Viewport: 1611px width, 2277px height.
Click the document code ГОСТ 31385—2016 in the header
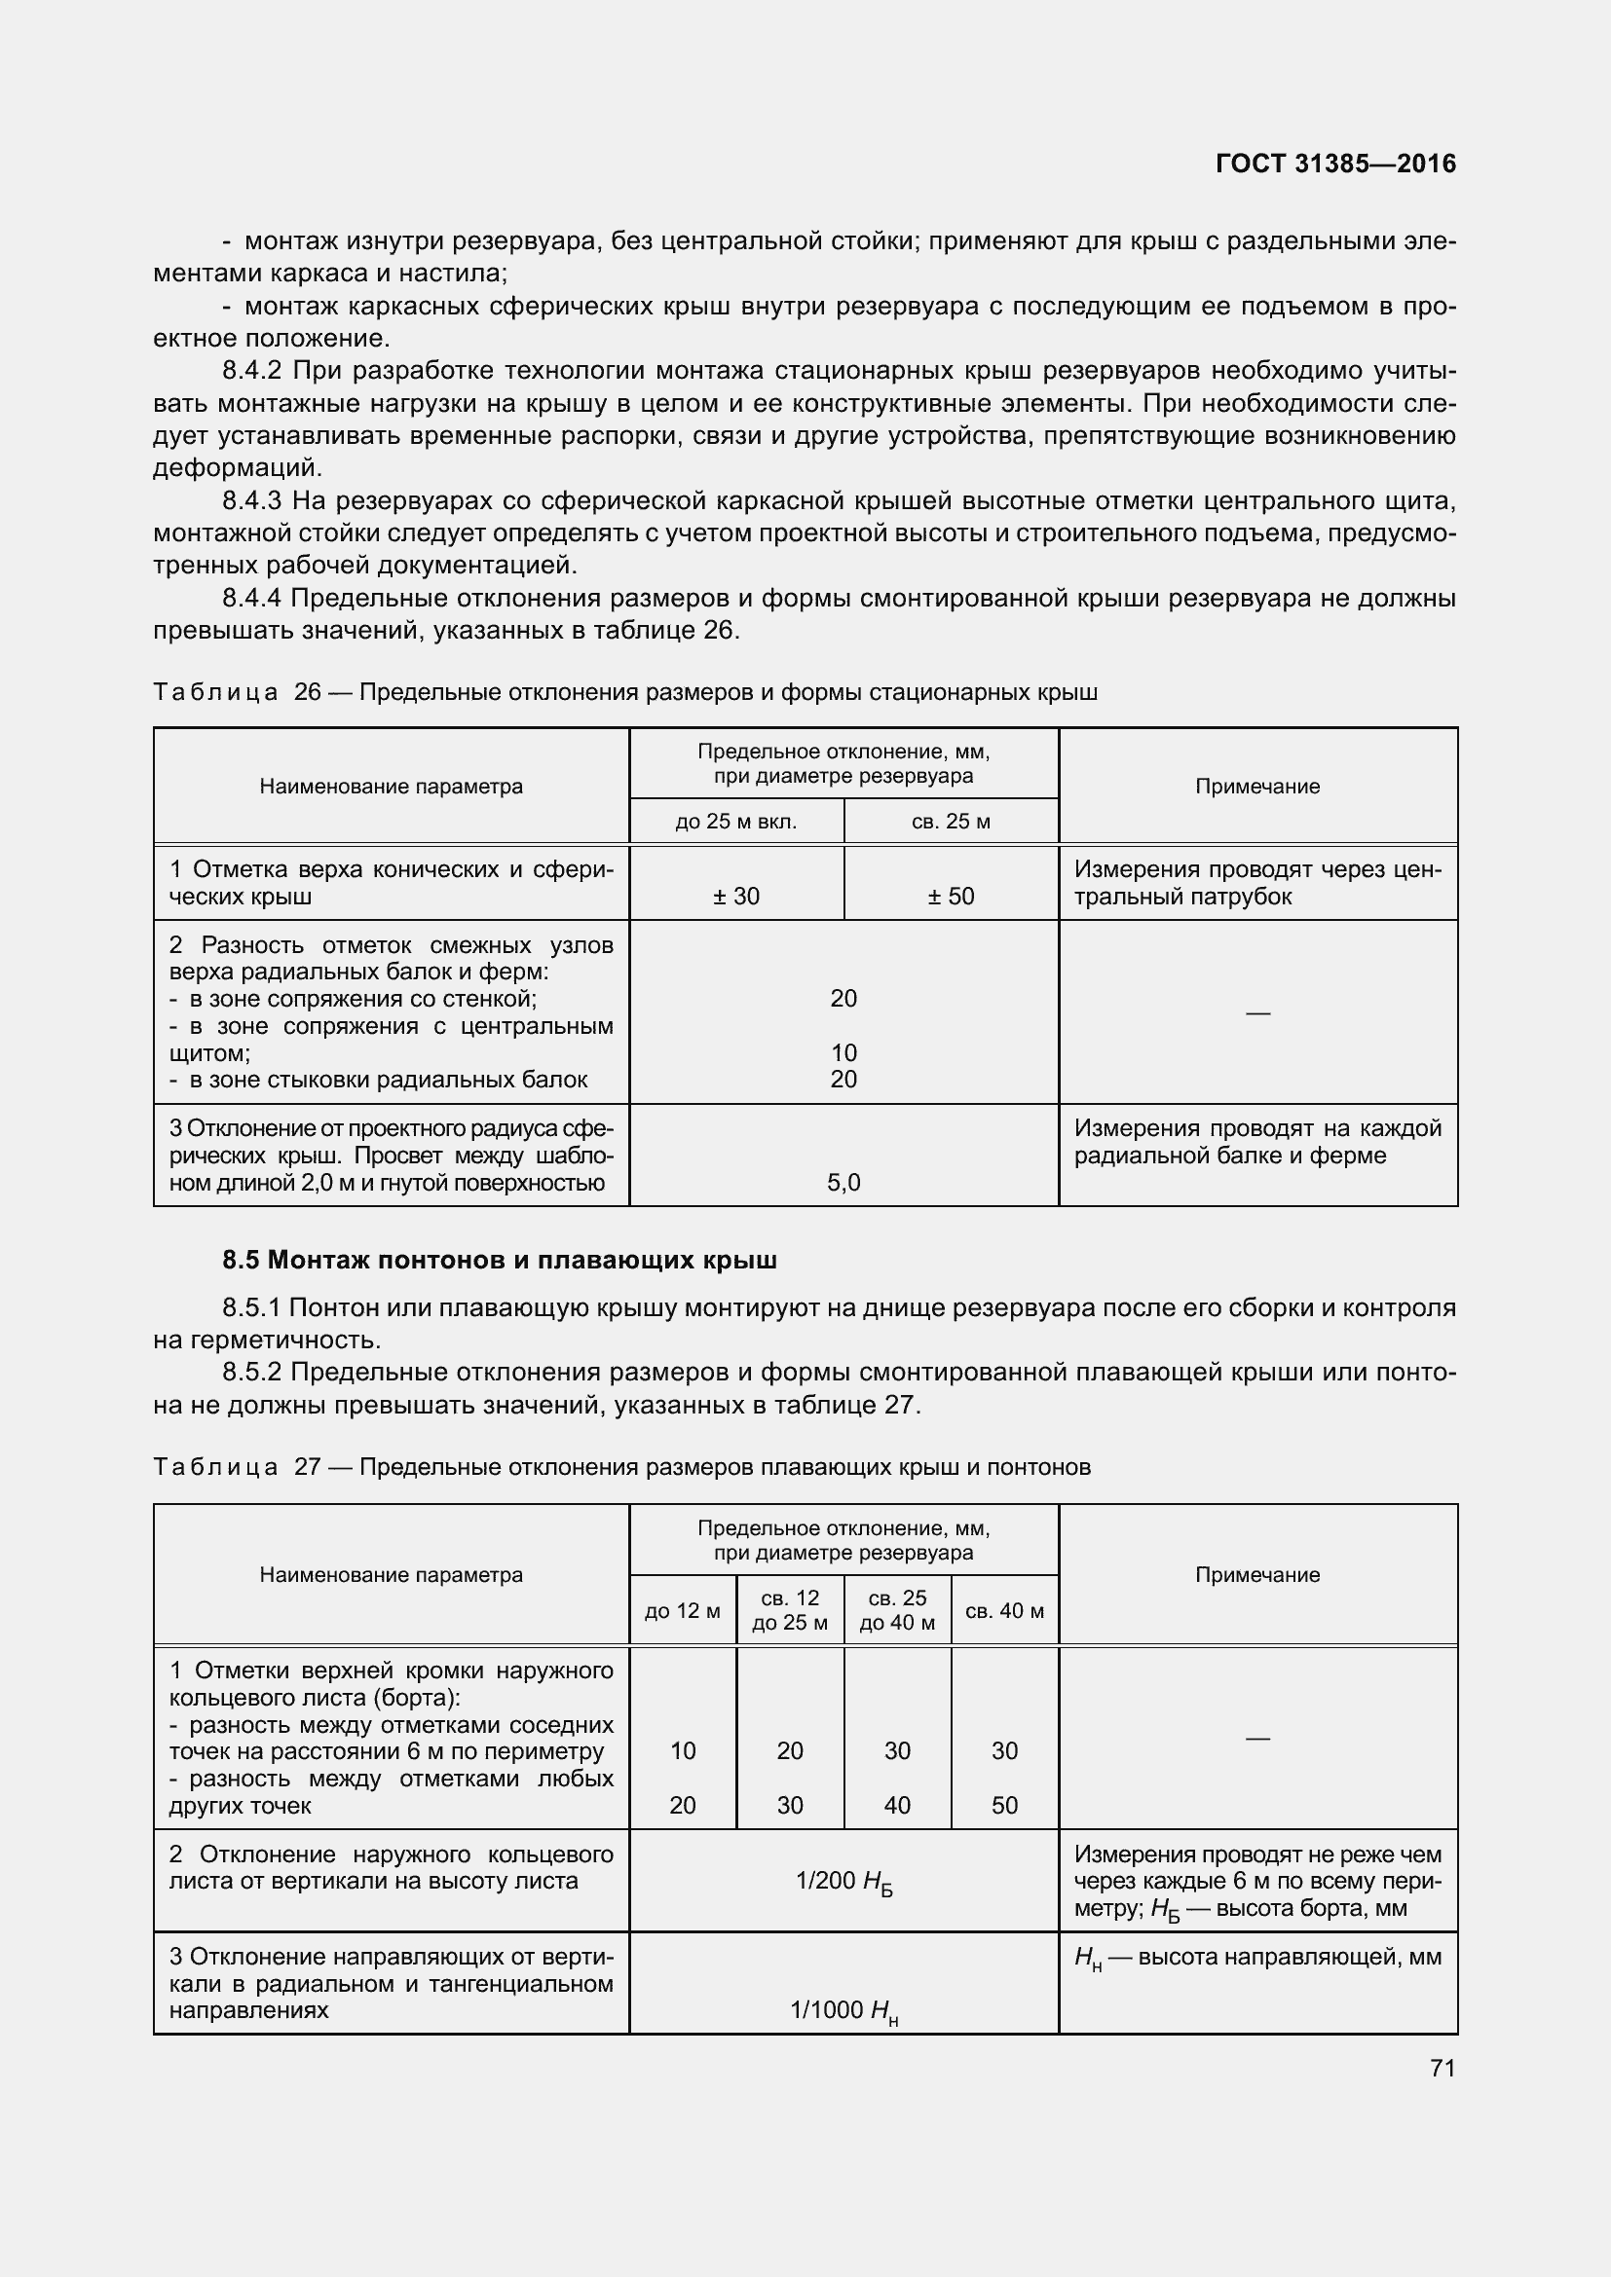coord(1334,164)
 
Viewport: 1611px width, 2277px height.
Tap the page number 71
coord(1442,2068)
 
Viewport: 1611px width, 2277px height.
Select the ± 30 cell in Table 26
coord(736,897)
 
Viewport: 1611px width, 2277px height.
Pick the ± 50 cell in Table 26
coord(951,897)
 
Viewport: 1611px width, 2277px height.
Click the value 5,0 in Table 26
coord(843,1182)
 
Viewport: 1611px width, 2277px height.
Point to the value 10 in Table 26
coord(843,1052)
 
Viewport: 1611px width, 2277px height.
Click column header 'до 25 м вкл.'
coord(736,823)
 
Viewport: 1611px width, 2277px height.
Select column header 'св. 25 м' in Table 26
coord(951,823)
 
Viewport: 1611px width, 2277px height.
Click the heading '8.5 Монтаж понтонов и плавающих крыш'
coord(499,1261)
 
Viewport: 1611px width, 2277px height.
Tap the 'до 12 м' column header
coord(683,1611)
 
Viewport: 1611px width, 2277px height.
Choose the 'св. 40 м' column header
coord(1004,1611)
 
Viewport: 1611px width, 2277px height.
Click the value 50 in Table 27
coord(1004,1805)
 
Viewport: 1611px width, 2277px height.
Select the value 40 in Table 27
coord(897,1805)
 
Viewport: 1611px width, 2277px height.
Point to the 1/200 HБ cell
coord(843,1883)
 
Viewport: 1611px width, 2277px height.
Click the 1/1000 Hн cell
coord(843,2011)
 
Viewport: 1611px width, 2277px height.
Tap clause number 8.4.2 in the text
coord(252,371)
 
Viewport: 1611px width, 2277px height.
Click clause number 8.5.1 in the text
coord(252,1308)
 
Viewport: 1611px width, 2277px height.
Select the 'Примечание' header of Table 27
coord(1256,1575)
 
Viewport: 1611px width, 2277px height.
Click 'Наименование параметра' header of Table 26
coord(391,787)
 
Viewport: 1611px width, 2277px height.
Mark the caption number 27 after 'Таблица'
coord(308,1467)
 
